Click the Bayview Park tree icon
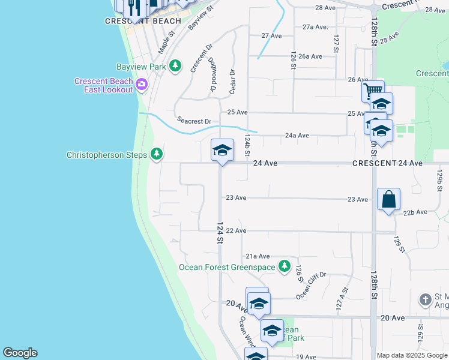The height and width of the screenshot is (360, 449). click(175, 65)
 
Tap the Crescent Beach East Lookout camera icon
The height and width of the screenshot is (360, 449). click(142, 83)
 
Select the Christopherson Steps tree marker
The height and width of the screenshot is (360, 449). click(157, 155)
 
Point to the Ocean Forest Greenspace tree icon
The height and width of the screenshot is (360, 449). click(285, 266)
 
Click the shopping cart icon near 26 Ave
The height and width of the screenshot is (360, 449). click(372, 92)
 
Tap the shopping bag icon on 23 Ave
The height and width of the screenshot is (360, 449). click(388, 199)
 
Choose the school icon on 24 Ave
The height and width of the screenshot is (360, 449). click(221, 150)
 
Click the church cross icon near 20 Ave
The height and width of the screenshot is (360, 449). click(426, 299)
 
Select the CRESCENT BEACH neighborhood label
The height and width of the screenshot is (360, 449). click(143, 21)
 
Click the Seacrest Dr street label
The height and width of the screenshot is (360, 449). click(194, 121)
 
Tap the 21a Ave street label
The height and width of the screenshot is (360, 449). click(258, 256)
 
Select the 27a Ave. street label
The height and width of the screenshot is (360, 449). click(316, 27)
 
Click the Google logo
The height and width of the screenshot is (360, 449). click(19, 353)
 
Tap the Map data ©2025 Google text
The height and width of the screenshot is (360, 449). click(411, 355)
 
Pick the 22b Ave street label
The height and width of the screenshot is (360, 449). click(415, 212)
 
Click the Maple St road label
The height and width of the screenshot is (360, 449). click(165, 42)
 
